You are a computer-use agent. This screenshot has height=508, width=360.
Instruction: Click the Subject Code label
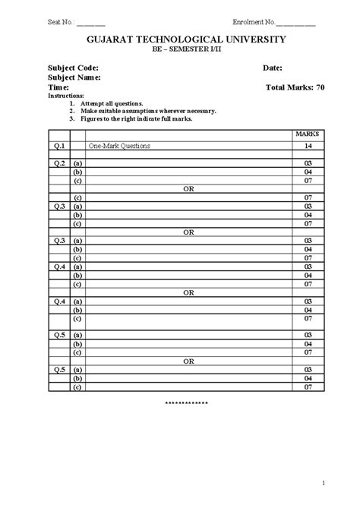pyautogui.click(x=74, y=68)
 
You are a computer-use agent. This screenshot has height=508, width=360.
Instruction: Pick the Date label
pyautogui.click(x=273, y=68)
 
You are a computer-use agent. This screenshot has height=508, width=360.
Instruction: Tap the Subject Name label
pyautogui.click(x=75, y=77)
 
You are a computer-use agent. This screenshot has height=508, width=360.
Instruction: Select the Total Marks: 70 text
pyautogui.click(x=295, y=87)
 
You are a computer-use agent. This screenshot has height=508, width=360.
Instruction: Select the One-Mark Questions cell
pyautogui.click(x=119, y=145)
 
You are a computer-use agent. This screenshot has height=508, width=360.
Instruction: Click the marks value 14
pyautogui.click(x=308, y=145)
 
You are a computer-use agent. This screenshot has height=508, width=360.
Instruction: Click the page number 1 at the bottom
pyautogui.click(x=323, y=483)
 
